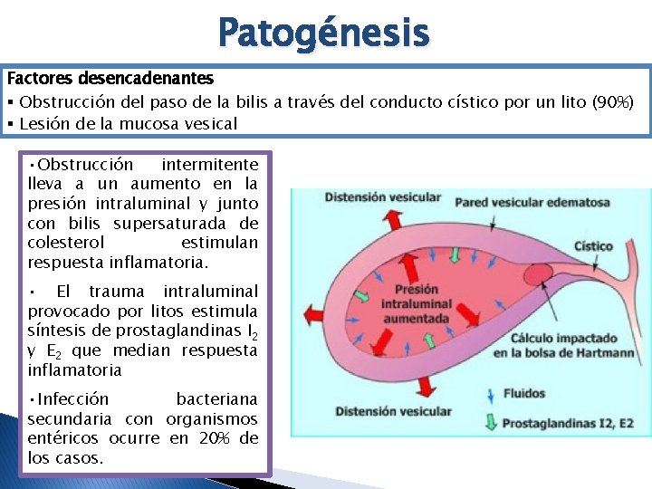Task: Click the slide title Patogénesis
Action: pyautogui.click(x=324, y=33)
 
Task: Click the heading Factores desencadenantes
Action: pyautogui.click(x=110, y=79)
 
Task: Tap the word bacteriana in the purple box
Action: pyautogui.click(x=216, y=398)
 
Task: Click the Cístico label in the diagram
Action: pyautogui.click(x=593, y=246)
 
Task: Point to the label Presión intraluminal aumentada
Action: pyautogui.click(x=416, y=304)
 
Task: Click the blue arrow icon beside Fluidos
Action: pyautogui.click(x=490, y=395)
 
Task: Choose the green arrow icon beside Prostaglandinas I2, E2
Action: pyautogui.click(x=490, y=422)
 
